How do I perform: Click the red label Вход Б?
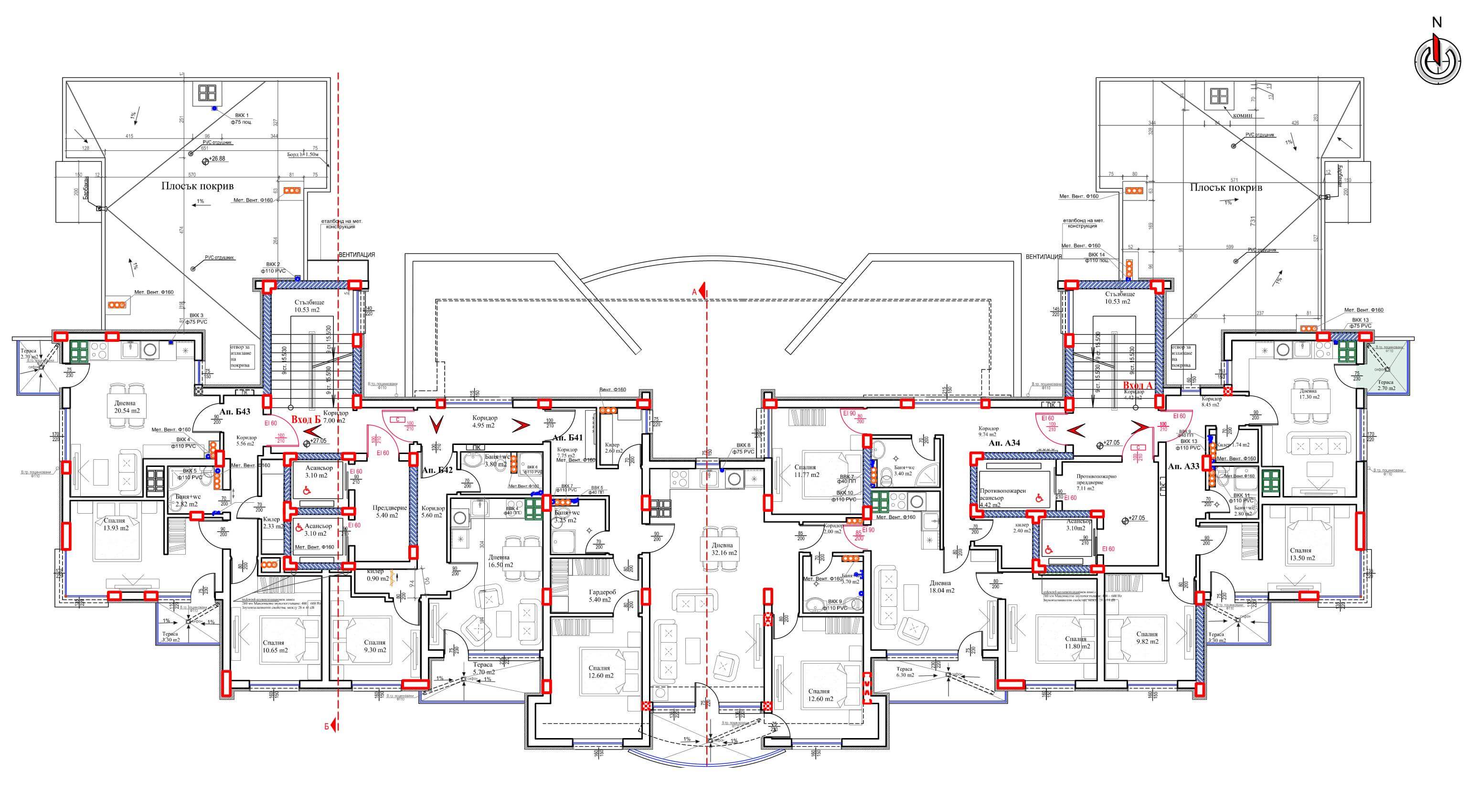(306, 420)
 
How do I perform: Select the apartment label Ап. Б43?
(235, 412)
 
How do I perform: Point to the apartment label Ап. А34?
(1004, 443)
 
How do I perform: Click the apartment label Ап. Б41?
(567, 438)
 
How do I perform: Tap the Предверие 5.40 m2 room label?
(389, 511)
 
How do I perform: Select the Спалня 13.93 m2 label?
(115, 524)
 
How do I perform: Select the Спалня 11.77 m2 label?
(806, 471)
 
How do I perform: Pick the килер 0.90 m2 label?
(378, 575)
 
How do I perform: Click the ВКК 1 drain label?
(242, 119)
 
